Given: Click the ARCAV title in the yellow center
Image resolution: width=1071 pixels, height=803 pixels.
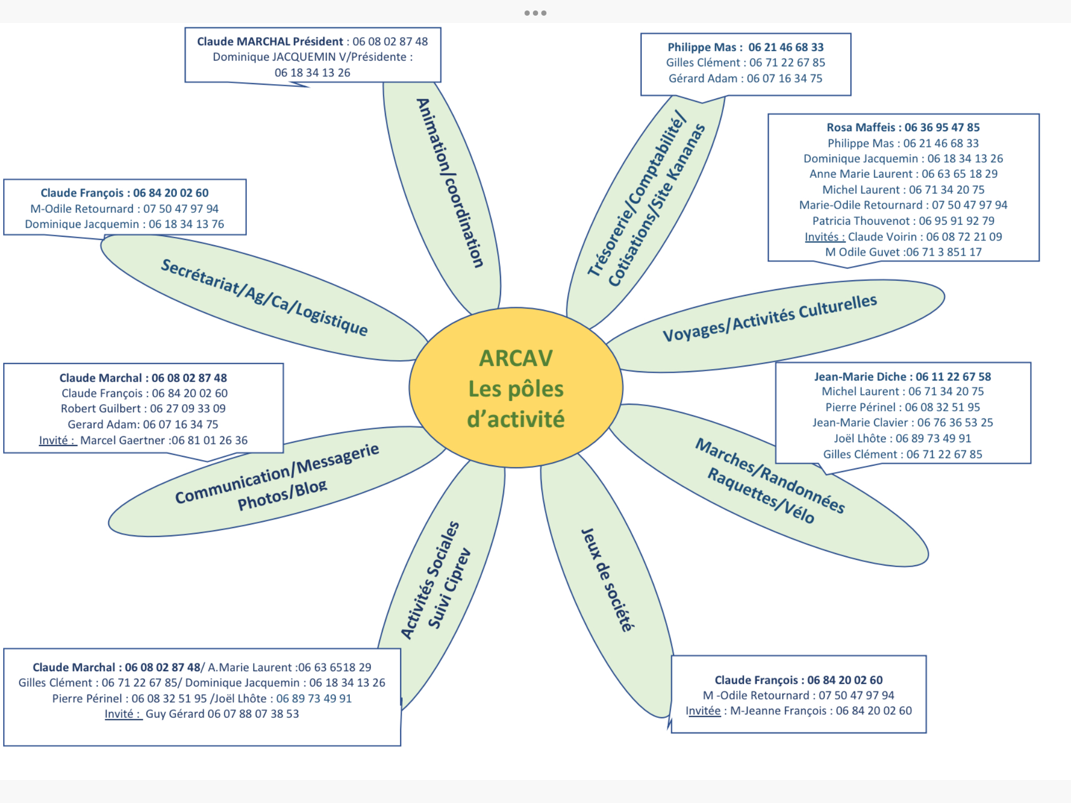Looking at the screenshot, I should (x=516, y=359).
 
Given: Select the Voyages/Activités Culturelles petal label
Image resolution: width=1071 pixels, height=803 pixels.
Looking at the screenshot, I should (x=769, y=317).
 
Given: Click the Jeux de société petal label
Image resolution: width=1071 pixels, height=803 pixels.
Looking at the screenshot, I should (x=607, y=580).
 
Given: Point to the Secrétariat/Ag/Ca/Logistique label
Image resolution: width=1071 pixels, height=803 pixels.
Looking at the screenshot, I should (x=264, y=296).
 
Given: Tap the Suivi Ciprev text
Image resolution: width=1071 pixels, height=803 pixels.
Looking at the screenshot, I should (x=449, y=588).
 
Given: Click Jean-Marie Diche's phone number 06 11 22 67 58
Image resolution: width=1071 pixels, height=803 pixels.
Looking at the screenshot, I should (x=953, y=376).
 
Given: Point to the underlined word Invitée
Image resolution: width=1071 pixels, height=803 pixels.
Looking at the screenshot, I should (x=703, y=711).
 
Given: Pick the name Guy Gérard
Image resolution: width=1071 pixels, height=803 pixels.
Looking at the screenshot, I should (x=175, y=714).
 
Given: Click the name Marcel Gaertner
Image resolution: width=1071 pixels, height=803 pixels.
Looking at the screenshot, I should (x=123, y=441).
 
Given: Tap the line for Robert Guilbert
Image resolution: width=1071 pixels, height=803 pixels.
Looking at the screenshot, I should (x=143, y=409).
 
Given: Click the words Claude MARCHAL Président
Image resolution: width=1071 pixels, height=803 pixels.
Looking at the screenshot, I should (x=270, y=42).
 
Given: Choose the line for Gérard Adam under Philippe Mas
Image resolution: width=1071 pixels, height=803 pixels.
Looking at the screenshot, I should (x=745, y=78).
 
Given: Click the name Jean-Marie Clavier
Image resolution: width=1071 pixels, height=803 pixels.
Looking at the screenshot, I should (x=860, y=423).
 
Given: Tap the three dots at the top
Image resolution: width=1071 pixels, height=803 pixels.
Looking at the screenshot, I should (x=535, y=13).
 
